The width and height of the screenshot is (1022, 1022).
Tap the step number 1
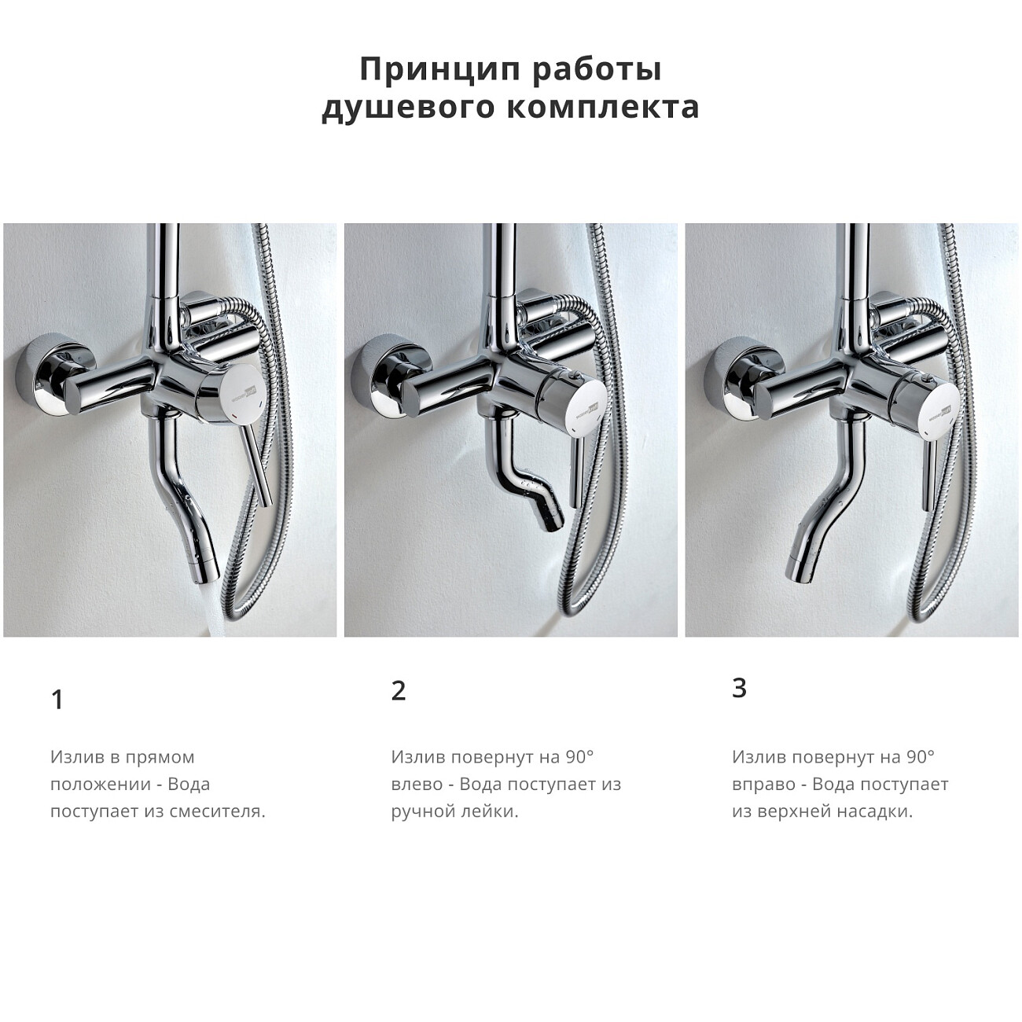coord(57,699)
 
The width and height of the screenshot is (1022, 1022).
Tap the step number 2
coord(399,690)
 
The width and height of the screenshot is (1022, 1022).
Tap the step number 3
coord(739,688)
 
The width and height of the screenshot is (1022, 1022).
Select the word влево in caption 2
coord(417,784)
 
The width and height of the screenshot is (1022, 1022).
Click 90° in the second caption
coord(579,757)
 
